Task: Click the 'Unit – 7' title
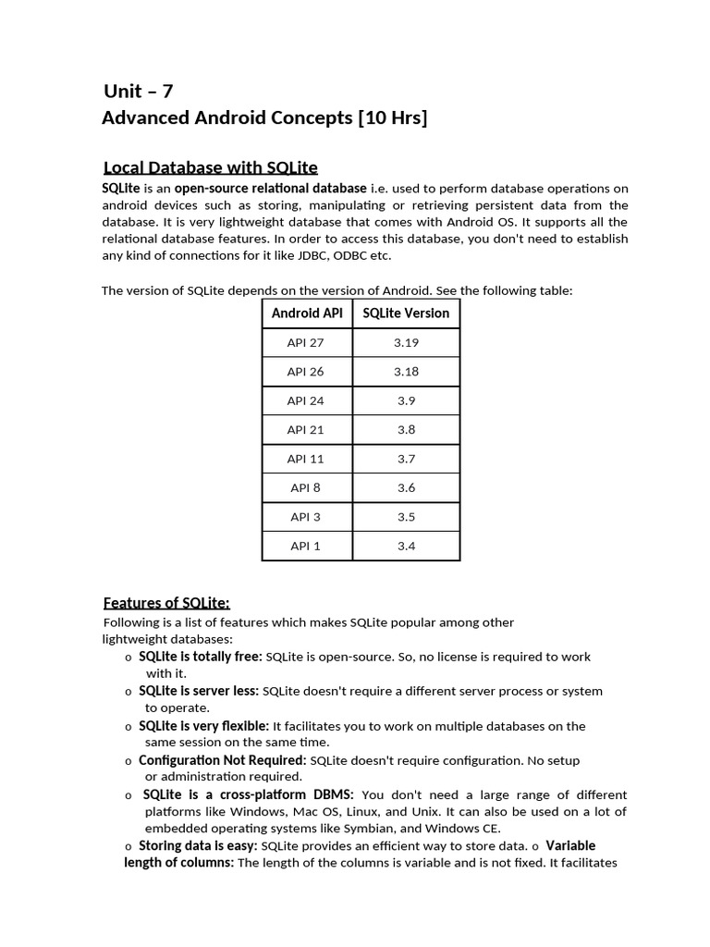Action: pyautogui.click(x=138, y=91)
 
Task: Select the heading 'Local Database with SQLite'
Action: pyautogui.click(x=211, y=167)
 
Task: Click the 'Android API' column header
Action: pyautogui.click(x=307, y=314)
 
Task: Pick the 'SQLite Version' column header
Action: pyautogui.click(x=406, y=314)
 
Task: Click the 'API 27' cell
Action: pyautogui.click(x=306, y=343)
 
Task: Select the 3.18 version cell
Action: pyautogui.click(x=406, y=372)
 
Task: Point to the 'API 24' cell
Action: pyautogui.click(x=306, y=401)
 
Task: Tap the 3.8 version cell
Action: pyautogui.click(x=406, y=430)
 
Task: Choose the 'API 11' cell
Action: pyautogui.click(x=306, y=460)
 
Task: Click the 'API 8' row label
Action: pyautogui.click(x=306, y=488)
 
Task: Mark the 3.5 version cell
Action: pyautogui.click(x=406, y=517)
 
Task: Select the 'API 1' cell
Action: pyautogui.click(x=306, y=547)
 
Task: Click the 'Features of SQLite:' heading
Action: pyautogui.click(x=166, y=603)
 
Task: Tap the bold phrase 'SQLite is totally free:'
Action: pyautogui.click(x=201, y=657)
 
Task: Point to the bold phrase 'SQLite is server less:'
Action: pyautogui.click(x=199, y=691)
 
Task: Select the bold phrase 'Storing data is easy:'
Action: pyautogui.click(x=198, y=846)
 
